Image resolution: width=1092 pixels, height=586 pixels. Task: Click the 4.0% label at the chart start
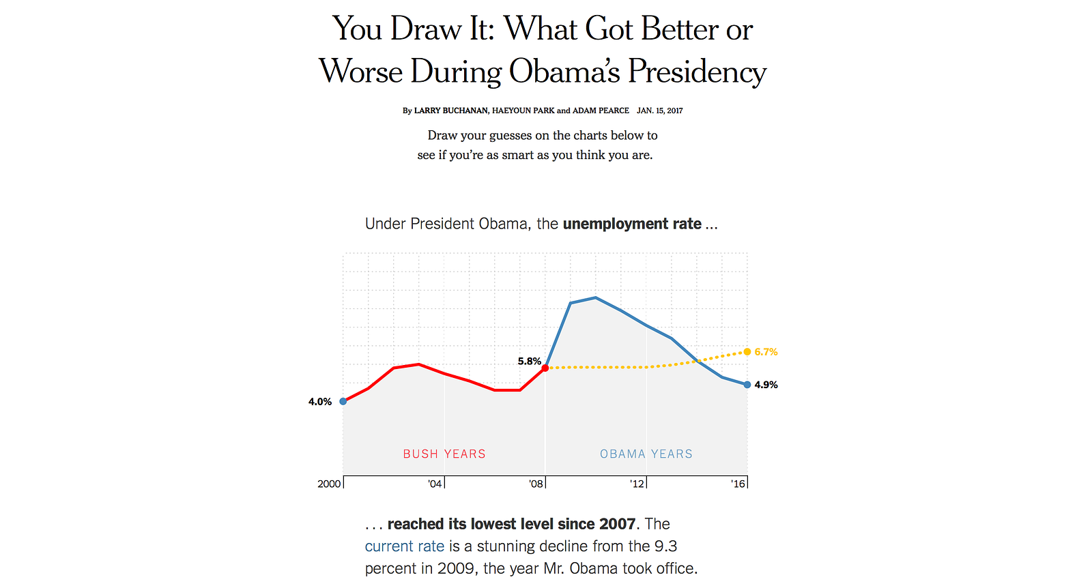[319, 402]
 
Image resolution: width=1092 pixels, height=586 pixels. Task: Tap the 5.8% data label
[529, 362]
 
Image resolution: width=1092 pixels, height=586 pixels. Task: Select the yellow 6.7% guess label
[766, 352]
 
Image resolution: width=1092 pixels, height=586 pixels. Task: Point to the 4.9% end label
[766, 385]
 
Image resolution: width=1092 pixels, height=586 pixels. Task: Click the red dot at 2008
[545, 368]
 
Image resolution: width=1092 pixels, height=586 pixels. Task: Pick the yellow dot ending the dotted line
[747, 352]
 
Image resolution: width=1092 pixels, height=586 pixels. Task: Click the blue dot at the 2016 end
[747, 385]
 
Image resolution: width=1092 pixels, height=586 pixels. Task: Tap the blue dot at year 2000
[343, 401]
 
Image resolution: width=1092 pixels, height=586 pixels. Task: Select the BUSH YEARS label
[444, 454]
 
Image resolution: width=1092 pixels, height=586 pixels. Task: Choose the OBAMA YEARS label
[646, 454]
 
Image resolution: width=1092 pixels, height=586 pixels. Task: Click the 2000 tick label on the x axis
[329, 484]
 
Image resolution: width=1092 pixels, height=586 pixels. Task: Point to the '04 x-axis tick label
[435, 484]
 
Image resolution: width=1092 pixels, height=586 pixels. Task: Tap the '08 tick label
[536, 484]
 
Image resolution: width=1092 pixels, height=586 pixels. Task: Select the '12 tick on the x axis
[637, 484]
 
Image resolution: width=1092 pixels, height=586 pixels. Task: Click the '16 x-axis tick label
[738, 484]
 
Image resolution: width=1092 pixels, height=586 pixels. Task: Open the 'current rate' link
[404, 546]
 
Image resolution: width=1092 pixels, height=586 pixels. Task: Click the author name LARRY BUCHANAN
[450, 111]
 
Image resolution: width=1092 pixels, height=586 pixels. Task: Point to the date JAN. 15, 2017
[659, 111]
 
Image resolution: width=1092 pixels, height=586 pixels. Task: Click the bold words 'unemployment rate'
[632, 224]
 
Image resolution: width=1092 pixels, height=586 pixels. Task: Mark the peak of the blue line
[595, 297]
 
